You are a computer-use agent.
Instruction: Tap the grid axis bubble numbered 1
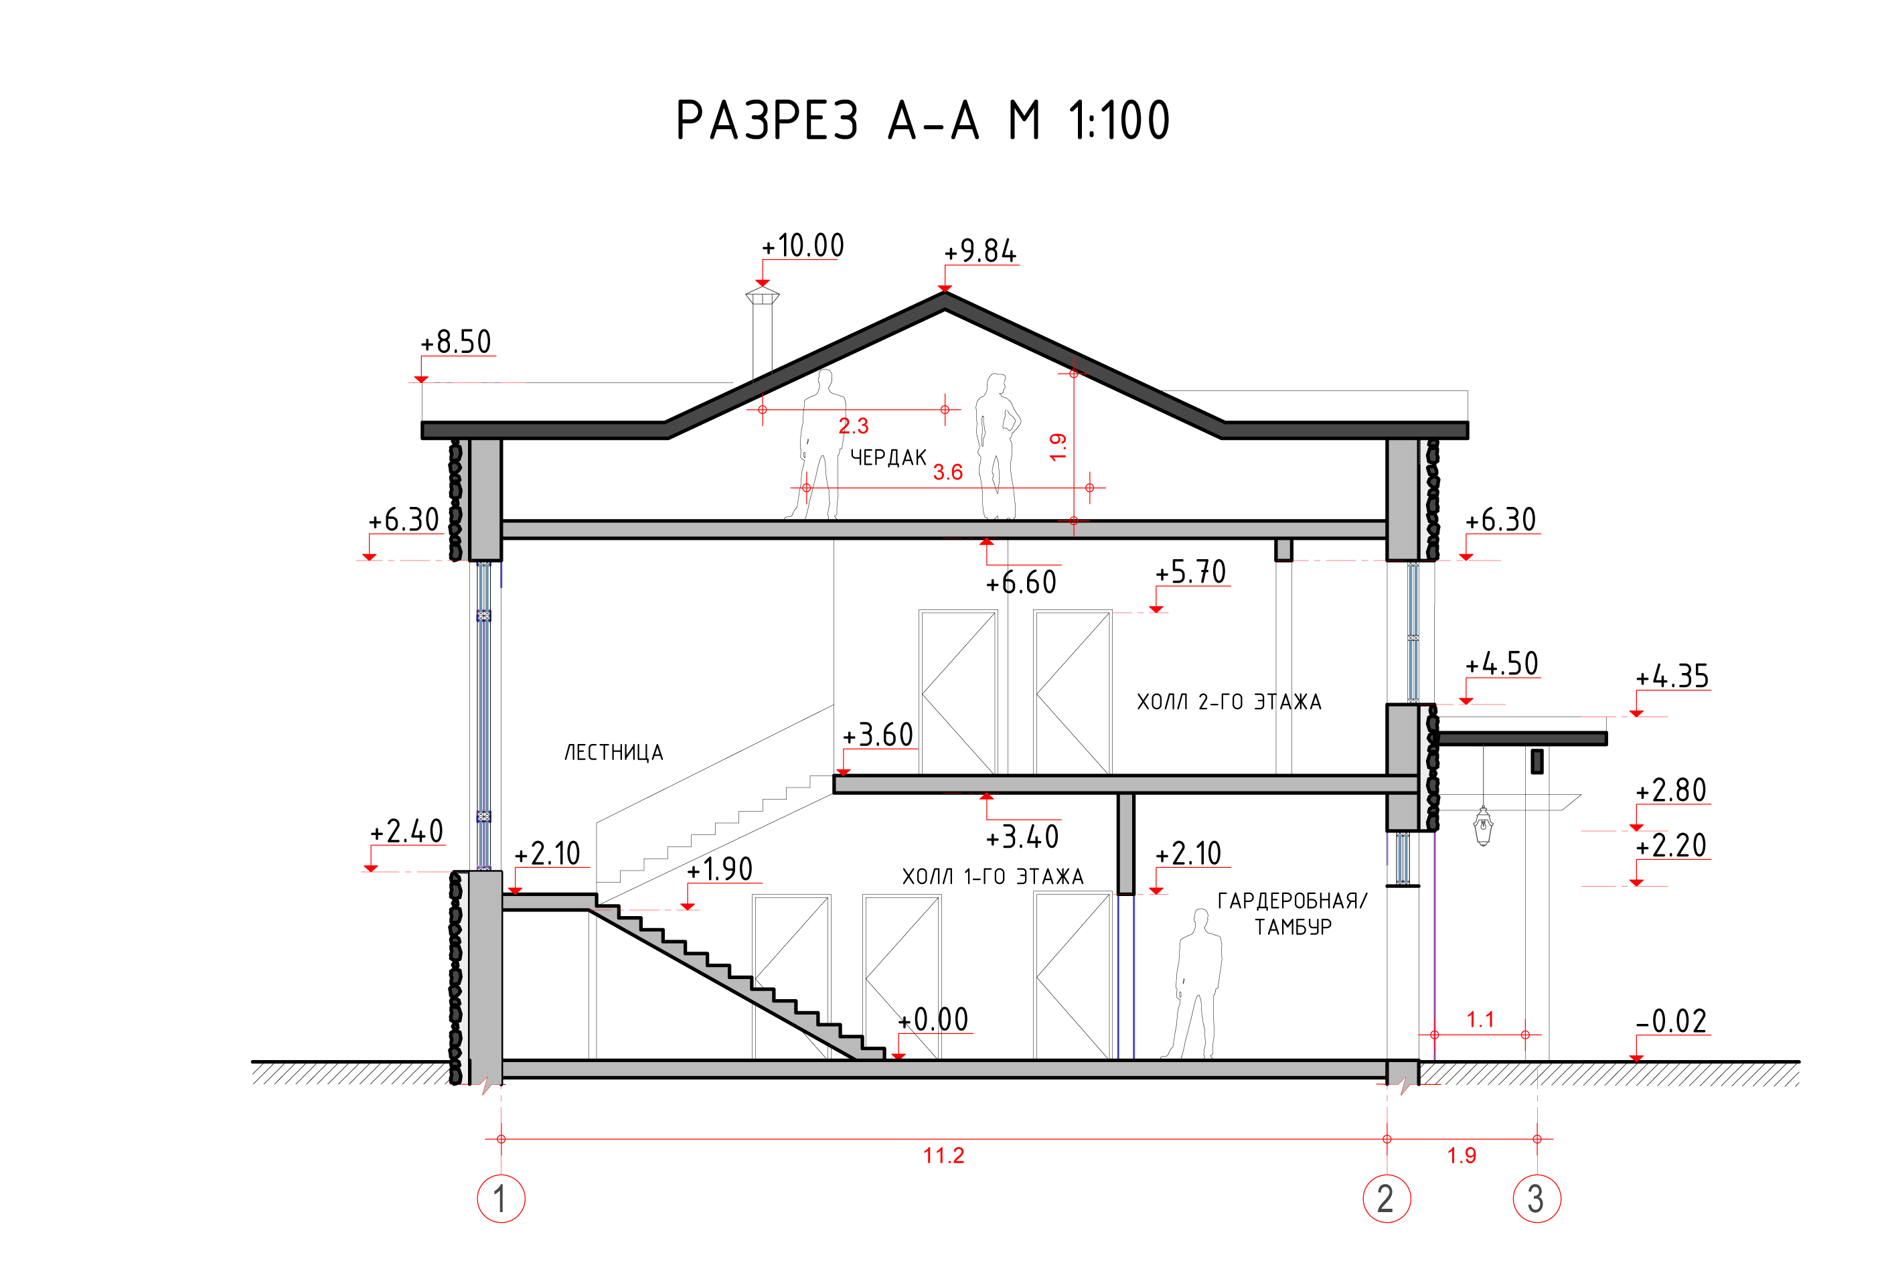(x=501, y=1198)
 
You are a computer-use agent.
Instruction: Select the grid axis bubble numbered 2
(x=1387, y=1198)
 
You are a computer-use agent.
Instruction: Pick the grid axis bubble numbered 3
(x=1537, y=1198)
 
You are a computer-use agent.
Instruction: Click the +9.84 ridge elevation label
(x=980, y=251)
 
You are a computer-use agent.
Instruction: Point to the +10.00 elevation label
(x=803, y=245)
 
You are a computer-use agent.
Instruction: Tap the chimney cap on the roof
(x=762, y=295)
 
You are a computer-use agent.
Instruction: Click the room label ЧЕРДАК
(x=888, y=458)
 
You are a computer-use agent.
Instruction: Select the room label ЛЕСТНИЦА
(x=613, y=753)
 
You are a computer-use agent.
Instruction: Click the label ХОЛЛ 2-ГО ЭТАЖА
(x=1229, y=702)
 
